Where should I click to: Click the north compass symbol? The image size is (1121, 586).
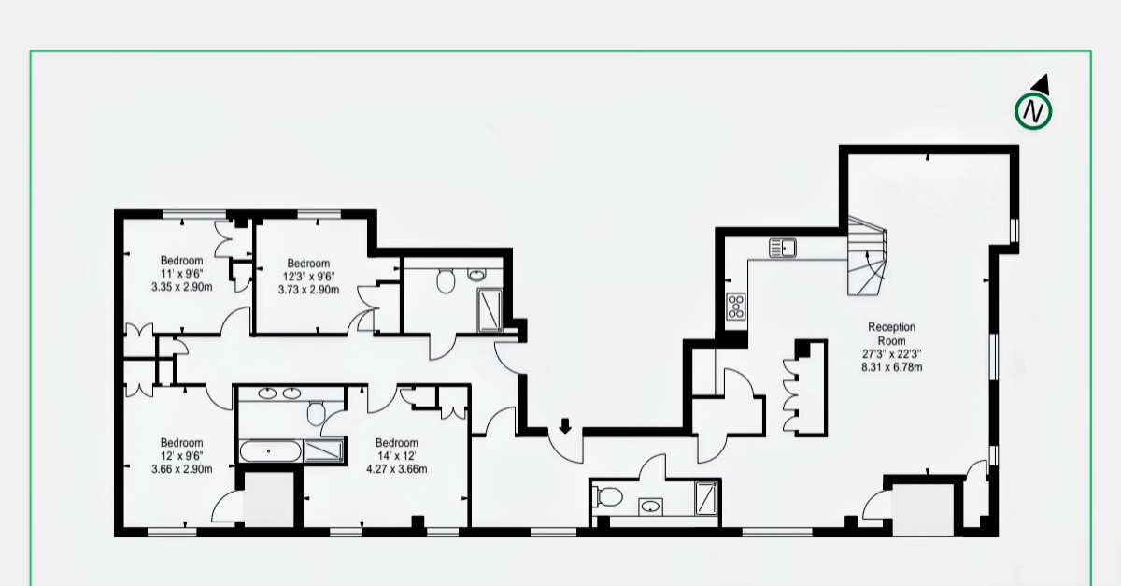(x=1033, y=110)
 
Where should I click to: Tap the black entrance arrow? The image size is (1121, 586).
(x=565, y=426)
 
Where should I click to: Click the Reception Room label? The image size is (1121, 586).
(x=892, y=334)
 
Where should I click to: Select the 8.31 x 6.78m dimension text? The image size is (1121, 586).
(x=892, y=367)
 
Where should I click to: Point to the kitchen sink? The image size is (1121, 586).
(x=783, y=248)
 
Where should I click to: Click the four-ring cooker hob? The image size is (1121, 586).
(x=736, y=306)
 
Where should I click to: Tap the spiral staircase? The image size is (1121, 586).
(x=867, y=256)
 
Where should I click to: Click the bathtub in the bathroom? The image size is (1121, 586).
(x=270, y=451)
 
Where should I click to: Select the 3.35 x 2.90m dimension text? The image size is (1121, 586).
(x=181, y=287)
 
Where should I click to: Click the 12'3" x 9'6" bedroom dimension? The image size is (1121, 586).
(x=309, y=277)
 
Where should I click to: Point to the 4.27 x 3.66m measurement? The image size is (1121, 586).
(x=397, y=469)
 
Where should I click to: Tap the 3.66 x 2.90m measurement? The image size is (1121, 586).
(x=181, y=469)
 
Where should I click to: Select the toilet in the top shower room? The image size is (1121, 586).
(x=446, y=281)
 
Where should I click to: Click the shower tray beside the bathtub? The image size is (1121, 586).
(x=323, y=450)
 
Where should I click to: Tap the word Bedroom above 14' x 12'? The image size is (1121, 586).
(x=396, y=443)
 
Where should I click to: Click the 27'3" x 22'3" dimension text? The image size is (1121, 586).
(x=892, y=353)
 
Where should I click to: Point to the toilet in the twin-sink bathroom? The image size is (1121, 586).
(x=317, y=413)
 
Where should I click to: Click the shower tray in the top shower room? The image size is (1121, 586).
(x=490, y=310)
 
